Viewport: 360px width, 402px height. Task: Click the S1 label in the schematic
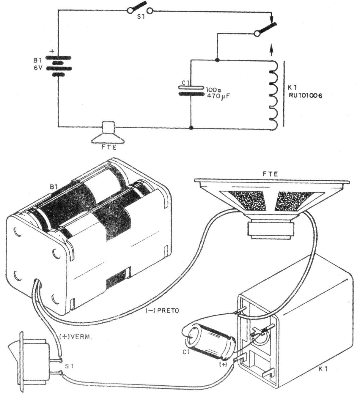tap(141, 18)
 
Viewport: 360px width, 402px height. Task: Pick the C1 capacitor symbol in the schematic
tap(191, 91)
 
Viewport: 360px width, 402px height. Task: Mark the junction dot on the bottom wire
tap(191, 128)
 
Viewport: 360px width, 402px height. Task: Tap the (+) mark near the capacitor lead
tap(223, 364)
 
